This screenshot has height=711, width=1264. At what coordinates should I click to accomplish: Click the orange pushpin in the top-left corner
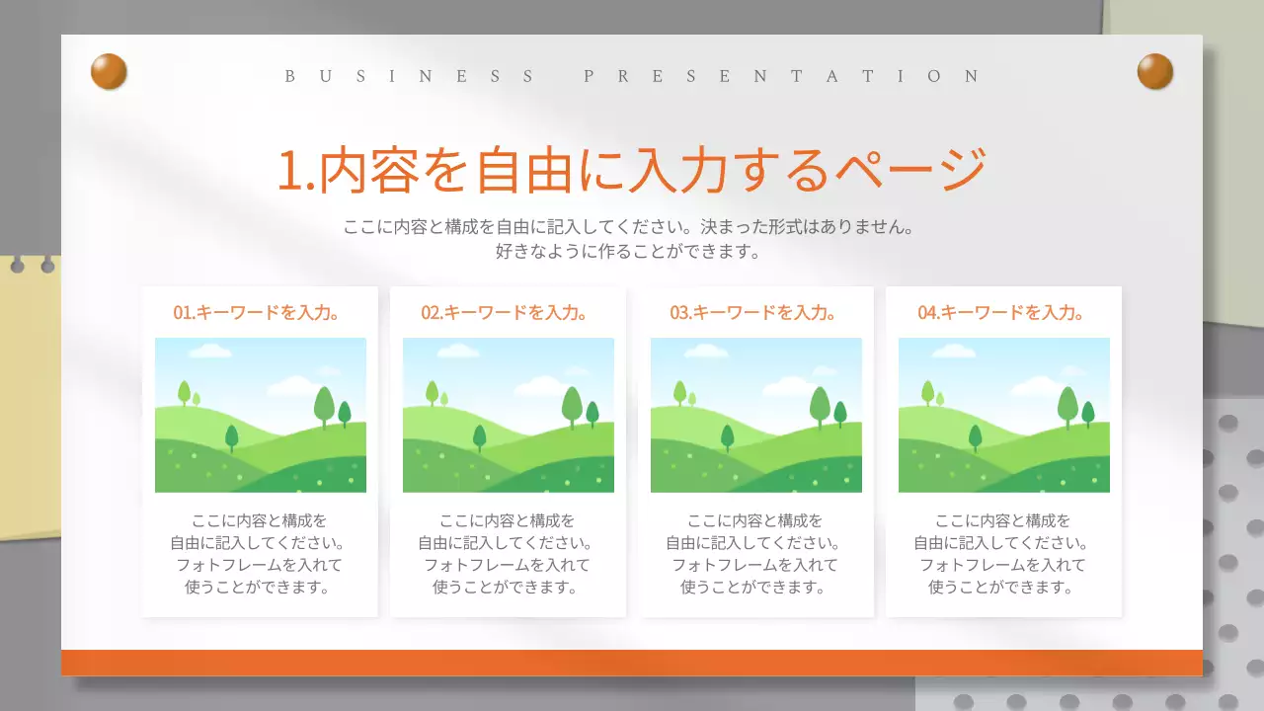coord(109,71)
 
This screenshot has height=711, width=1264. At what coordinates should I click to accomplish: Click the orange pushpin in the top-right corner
coord(1154,71)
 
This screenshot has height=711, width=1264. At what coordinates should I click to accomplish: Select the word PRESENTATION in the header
coord(782,76)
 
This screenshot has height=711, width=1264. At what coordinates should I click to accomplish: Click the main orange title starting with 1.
coord(631,170)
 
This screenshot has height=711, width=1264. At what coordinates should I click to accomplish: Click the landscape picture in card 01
coord(261,415)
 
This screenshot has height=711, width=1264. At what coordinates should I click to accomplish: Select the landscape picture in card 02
coord(509,415)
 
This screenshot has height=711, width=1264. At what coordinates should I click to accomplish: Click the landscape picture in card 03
coord(756,415)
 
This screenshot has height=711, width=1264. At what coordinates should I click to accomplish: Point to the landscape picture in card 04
coord(1004,415)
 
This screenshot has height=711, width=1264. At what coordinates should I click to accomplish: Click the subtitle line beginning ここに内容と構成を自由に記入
coord(631,227)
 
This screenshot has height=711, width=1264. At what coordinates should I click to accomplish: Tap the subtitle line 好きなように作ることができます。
coord(631,252)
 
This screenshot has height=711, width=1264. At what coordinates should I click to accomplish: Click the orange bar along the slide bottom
coord(632,663)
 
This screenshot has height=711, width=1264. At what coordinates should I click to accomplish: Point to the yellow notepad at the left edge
coord(30,395)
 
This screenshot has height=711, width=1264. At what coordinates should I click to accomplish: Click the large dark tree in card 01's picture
coord(324,405)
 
